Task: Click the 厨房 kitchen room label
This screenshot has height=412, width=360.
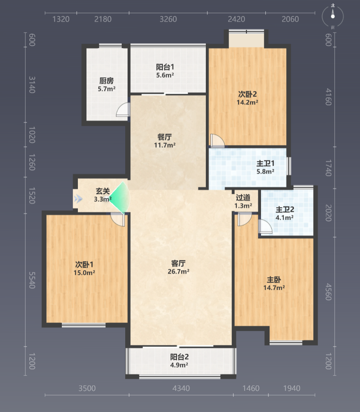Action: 106,81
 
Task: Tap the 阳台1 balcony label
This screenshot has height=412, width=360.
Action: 165,67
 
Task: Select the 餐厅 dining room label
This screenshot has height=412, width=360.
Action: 165,137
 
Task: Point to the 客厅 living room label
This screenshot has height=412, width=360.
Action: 178,263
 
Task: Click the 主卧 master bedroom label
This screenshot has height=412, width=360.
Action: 274,279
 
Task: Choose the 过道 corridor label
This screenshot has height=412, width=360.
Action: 243,197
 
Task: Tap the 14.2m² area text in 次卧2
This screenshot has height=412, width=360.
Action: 247,102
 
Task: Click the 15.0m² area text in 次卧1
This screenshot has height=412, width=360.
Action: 84,273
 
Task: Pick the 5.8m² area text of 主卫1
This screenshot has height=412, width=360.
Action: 265,172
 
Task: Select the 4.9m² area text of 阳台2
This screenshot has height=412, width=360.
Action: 179,365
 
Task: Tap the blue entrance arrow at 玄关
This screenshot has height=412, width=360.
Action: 78,199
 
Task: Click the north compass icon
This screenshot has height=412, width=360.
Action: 333,16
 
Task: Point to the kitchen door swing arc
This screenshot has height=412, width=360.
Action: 123,109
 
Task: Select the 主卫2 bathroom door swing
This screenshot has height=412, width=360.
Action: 265,226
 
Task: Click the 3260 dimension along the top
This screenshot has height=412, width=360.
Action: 168,19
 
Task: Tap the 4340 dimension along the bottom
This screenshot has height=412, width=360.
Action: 181,388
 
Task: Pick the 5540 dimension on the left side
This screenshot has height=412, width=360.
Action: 32,280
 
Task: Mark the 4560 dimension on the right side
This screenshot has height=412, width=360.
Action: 328,292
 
